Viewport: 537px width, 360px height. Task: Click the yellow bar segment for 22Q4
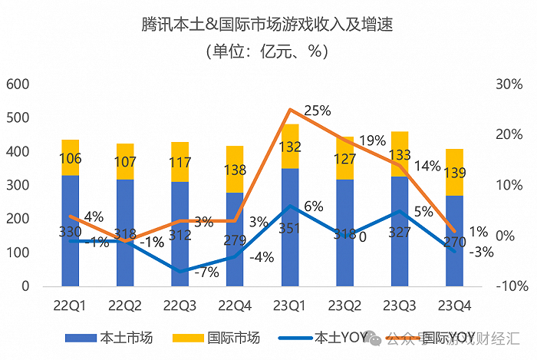[x=236, y=170]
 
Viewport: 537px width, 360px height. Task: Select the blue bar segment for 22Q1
[x=71, y=230]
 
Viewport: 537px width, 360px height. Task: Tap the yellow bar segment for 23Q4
[x=454, y=172]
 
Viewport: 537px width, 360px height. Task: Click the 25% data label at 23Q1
[x=316, y=111]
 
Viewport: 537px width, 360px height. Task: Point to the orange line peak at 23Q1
[x=291, y=110]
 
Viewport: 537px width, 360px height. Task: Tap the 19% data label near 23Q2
[x=371, y=140]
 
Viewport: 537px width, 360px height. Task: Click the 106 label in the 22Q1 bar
[x=71, y=159]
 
